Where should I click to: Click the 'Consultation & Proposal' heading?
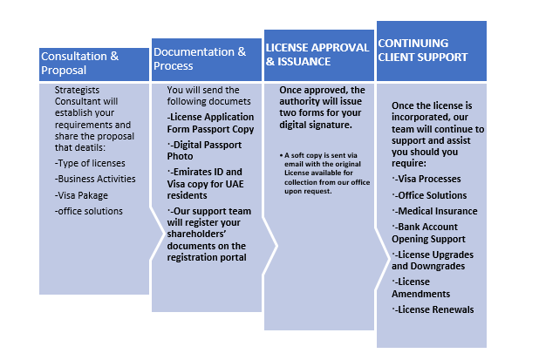pyautogui.click(x=79, y=64)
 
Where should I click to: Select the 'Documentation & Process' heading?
pyautogui.click(x=200, y=58)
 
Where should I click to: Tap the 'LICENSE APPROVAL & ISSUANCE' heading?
pyautogui.click(x=317, y=54)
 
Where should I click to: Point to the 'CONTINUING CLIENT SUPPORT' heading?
pyautogui.click(x=423, y=51)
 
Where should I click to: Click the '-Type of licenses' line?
pyautogui.click(x=90, y=163)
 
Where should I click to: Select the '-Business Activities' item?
pyautogui.click(x=95, y=179)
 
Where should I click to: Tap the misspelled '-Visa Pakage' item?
pyautogui.click(x=81, y=195)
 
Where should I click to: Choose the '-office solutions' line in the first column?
pyautogui.click(x=89, y=211)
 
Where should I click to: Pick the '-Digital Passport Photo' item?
pyautogui.click(x=205, y=151)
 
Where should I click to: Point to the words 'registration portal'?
pyautogui.click(x=207, y=257)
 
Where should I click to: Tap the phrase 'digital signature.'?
pyautogui.click(x=316, y=125)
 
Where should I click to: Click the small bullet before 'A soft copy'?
pyautogui.click(x=281, y=156)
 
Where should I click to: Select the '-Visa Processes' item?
pyautogui.click(x=426, y=179)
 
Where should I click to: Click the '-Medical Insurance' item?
pyautogui.click(x=435, y=211)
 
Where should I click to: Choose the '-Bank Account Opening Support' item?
pyautogui.click(x=428, y=233)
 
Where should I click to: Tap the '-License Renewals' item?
pyautogui.click(x=433, y=309)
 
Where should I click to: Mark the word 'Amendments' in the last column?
pyautogui.click(x=420, y=294)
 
